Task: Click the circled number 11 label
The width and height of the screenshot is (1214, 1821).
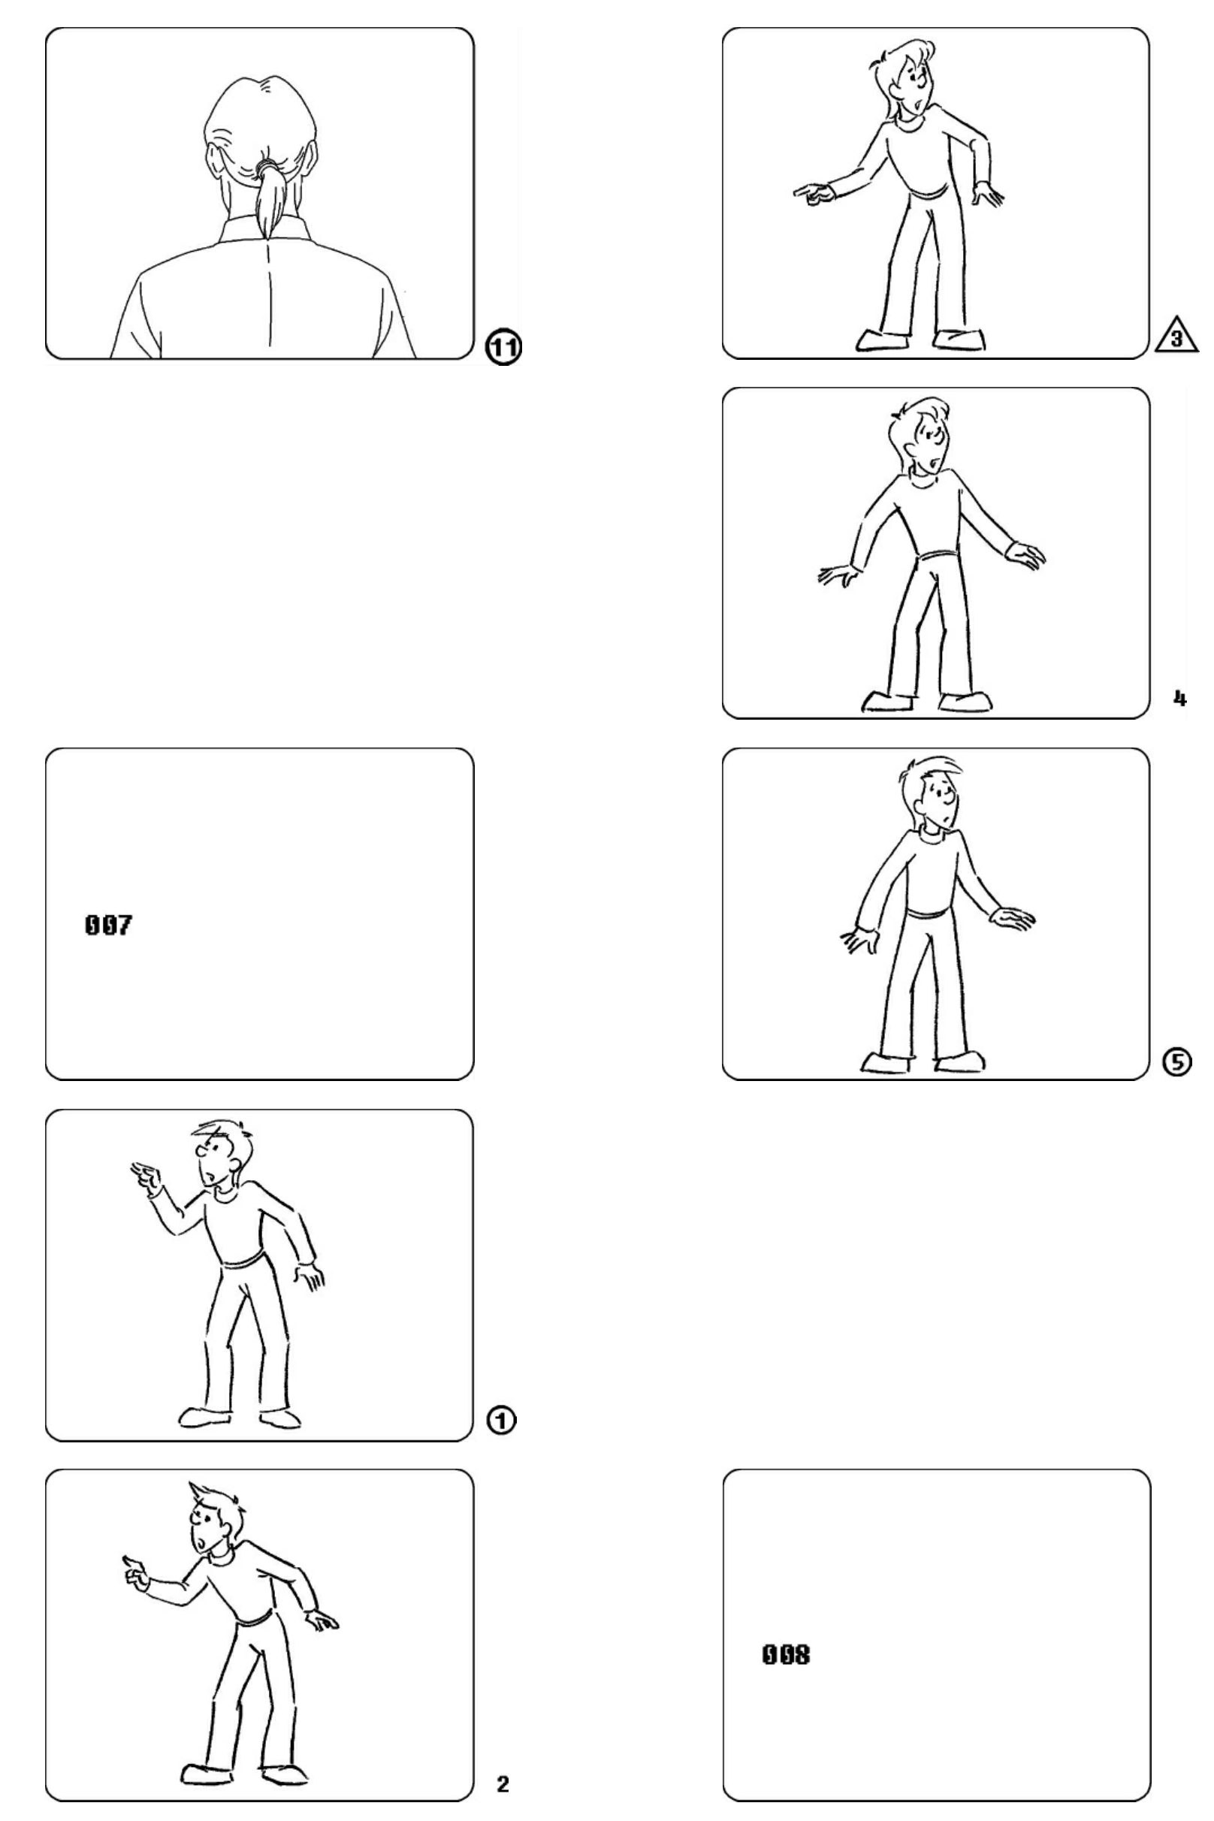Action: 503,347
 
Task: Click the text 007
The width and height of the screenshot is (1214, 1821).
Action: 108,925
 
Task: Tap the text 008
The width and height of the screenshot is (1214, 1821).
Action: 787,1654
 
